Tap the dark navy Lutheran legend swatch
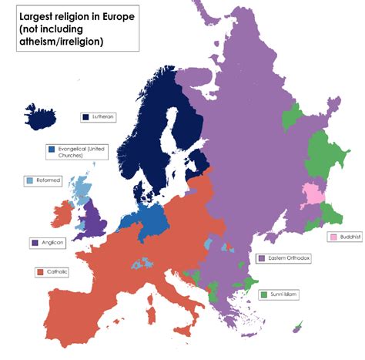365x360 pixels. (85, 117)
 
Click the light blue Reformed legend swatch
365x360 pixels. (30, 181)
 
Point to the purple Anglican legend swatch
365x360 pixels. (35, 243)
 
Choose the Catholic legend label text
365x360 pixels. (58, 272)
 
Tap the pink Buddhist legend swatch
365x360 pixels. (333, 237)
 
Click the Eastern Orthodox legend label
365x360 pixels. (288, 258)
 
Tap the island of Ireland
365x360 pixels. (64, 215)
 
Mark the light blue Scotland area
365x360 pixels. (79, 188)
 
